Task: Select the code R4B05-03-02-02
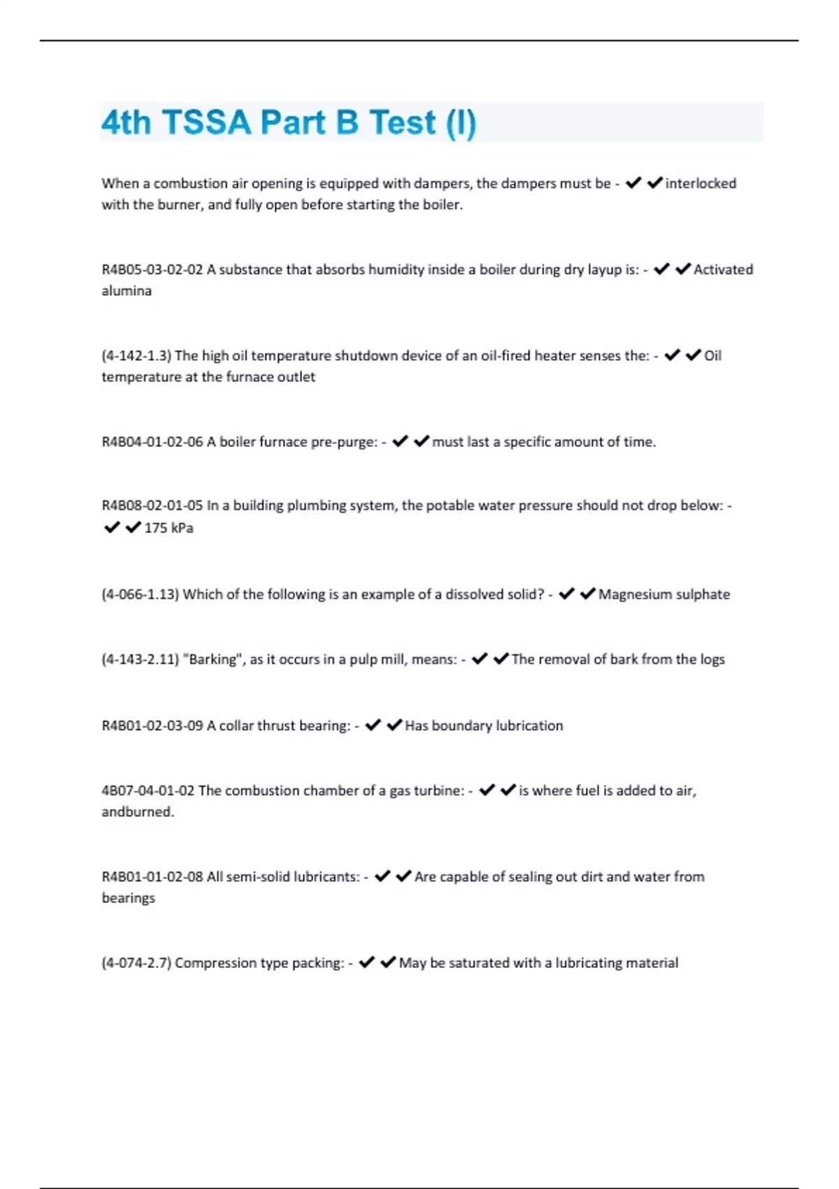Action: coord(152,269)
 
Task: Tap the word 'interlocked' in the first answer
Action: coord(701,183)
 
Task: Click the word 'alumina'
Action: coord(127,290)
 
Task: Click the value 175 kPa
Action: coord(168,527)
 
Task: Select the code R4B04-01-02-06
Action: coord(152,441)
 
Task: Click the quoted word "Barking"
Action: coord(213,659)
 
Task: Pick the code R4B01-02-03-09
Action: coord(152,725)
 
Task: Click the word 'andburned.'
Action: coord(138,811)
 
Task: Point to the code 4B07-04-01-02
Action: coord(148,790)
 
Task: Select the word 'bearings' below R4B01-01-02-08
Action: coord(128,897)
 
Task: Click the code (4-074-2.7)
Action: coord(136,962)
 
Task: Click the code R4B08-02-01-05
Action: coord(152,505)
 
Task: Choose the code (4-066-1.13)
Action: coord(140,594)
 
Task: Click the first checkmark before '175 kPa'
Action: coord(112,527)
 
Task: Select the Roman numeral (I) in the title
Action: coord(461,122)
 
